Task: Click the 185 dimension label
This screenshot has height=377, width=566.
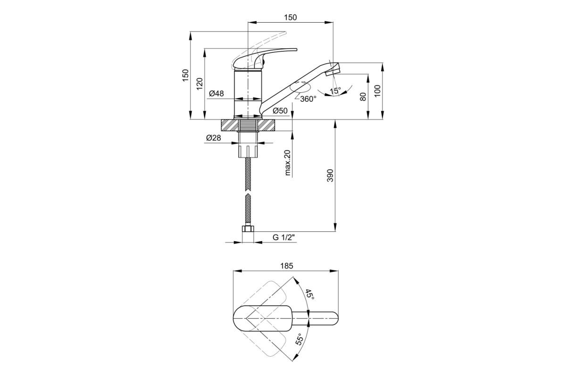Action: pos(287,266)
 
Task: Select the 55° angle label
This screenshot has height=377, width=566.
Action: pos(299,339)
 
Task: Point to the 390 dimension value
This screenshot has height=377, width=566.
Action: pos(331,175)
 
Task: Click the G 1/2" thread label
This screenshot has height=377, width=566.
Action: pos(284,238)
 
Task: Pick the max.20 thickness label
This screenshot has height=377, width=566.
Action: pos(288,163)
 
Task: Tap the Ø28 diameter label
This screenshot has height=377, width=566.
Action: pos(214,138)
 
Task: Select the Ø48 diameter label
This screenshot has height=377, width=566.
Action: pos(216,93)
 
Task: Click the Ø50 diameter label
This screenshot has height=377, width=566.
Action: pos(280,111)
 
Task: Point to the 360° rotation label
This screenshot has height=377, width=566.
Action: pos(308,99)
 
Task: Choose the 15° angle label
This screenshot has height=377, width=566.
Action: pos(335,90)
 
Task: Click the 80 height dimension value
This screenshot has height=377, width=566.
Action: pos(363,97)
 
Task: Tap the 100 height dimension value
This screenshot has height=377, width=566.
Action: pos(377,91)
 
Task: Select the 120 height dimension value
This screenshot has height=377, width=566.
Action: pos(200,84)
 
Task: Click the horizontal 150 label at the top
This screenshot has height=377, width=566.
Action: pos(291,17)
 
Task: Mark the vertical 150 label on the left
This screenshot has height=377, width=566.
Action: pos(186,75)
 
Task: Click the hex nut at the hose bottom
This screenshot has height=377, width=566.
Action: pos(248,229)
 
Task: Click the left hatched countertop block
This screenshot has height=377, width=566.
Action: pos(230,125)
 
